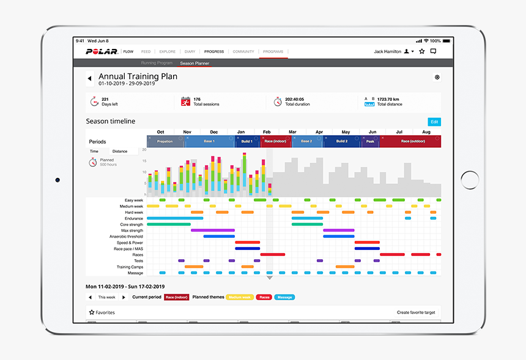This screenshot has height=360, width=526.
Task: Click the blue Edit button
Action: click(x=434, y=122)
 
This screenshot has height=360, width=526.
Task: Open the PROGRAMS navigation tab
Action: click(x=273, y=52)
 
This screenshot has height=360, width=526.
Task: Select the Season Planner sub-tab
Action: click(x=194, y=63)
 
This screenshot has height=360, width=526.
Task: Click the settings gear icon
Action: click(x=437, y=78)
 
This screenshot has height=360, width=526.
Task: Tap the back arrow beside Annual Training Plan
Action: click(x=89, y=78)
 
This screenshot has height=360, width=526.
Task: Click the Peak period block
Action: click(x=369, y=141)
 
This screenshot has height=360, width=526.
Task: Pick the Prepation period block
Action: click(x=165, y=141)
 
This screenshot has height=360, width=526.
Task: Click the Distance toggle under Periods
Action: click(x=120, y=151)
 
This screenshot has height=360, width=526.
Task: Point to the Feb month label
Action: click(x=267, y=132)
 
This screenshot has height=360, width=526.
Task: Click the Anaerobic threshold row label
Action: click(x=127, y=237)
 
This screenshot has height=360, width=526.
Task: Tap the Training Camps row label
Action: click(x=130, y=267)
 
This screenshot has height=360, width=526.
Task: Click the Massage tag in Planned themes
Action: click(x=284, y=297)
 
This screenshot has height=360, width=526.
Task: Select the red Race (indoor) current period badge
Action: click(x=176, y=297)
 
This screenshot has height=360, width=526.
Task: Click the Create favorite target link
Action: click(x=416, y=312)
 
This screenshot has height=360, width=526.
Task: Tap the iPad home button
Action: click(x=470, y=180)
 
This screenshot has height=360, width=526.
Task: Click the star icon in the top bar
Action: click(x=421, y=52)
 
